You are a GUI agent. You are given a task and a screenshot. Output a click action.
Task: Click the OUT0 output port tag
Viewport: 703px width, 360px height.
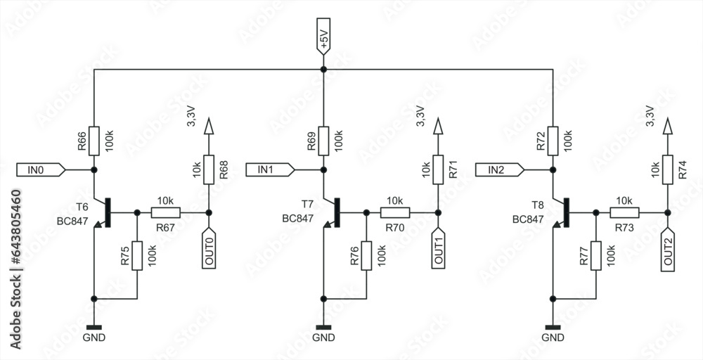coord(208,247)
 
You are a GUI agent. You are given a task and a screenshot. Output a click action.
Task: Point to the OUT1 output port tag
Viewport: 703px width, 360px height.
coord(437,247)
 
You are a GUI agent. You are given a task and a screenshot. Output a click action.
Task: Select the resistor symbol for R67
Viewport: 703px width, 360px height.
coord(165,212)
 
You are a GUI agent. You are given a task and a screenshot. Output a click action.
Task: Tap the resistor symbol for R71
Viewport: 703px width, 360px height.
coord(437,169)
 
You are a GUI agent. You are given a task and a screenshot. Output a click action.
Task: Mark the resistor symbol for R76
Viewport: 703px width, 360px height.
coord(366,255)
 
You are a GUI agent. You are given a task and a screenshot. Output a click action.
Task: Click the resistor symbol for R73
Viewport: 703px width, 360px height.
coord(624,212)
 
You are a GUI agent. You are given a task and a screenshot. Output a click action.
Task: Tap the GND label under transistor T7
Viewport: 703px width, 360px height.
coord(323,338)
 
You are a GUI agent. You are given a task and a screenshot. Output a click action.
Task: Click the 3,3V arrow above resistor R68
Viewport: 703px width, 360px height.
coord(208,127)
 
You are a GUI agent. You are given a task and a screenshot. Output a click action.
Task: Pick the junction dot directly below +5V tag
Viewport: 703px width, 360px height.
coord(323,70)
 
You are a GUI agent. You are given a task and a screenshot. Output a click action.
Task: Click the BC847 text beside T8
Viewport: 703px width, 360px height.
coord(528,219)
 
